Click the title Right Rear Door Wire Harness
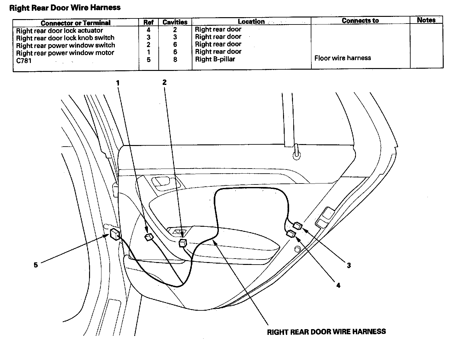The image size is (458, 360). click(65, 8)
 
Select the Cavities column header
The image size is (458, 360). click(175, 22)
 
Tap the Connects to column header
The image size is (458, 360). click(360, 21)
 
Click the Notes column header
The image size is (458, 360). click(426, 20)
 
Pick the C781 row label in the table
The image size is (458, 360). click(24, 60)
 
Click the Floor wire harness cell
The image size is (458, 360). click(343, 58)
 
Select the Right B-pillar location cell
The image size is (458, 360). click(215, 59)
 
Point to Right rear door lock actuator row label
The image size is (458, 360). click(59, 31)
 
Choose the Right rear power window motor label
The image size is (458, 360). click(65, 53)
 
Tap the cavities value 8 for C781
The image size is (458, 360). click(175, 59)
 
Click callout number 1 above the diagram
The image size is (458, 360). click(118, 83)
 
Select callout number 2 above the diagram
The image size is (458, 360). click(164, 82)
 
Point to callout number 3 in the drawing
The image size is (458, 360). click(349, 265)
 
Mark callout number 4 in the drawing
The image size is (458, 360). click(338, 286)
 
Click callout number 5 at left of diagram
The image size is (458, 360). click(36, 265)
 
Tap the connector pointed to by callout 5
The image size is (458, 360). click(114, 234)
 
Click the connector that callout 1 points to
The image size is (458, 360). click(149, 237)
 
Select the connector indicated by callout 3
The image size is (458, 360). click(298, 226)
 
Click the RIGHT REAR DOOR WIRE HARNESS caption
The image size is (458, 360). click(326, 332)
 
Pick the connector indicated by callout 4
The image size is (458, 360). click(291, 234)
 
